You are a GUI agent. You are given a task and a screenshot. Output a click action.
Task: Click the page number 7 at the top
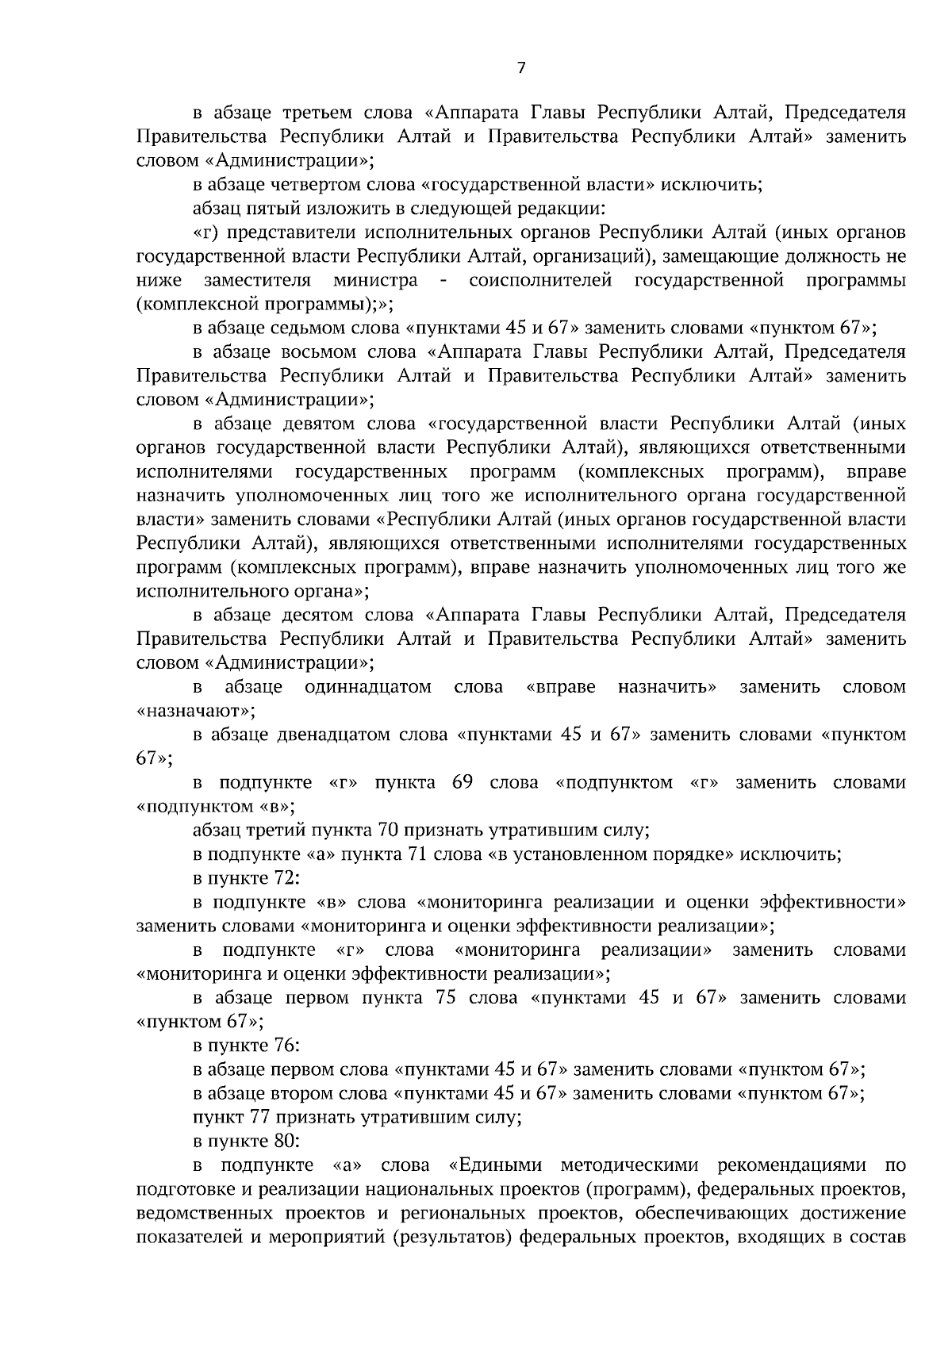click(x=520, y=68)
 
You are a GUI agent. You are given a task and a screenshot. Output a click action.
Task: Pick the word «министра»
click(x=375, y=280)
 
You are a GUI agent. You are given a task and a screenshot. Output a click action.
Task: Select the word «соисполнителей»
click(x=540, y=280)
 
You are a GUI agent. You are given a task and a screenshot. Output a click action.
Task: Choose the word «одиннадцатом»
click(x=369, y=686)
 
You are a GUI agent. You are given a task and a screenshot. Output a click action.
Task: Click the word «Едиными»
click(x=495, y=1165)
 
